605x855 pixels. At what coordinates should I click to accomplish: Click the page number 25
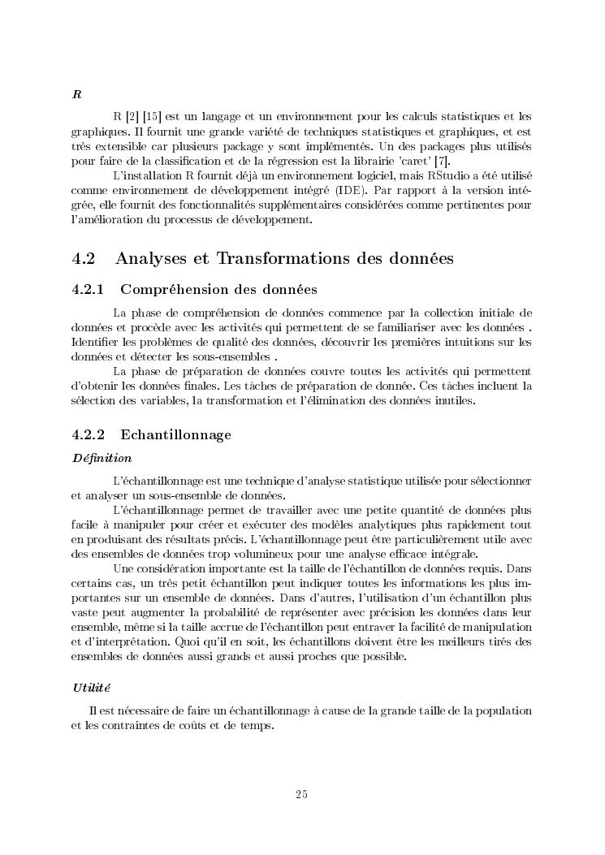coord(301,794)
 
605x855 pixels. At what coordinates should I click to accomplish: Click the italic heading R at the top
coord(76,94)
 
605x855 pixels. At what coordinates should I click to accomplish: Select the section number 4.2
coord(84,259)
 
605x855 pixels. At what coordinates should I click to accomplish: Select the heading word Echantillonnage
coord(175,434)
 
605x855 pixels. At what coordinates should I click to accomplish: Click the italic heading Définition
coord(102,458)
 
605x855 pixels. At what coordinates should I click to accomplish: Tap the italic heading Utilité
coord(90,688)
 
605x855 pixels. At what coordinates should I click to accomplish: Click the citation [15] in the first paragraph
coord(152,117)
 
